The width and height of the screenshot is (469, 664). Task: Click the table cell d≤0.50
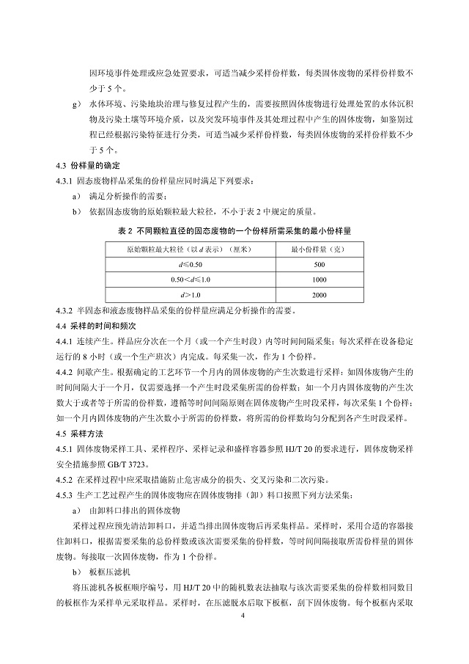click(x=188, y=263)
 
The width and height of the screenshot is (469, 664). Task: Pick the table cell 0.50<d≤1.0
click(x=188, y=279)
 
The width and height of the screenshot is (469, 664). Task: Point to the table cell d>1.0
click(x=188, y=294)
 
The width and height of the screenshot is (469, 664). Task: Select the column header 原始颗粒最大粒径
click(x=188, y=249)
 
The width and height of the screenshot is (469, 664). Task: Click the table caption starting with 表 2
click(x=234, y=230)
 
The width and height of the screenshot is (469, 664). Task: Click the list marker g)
click(x=76, y=104)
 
